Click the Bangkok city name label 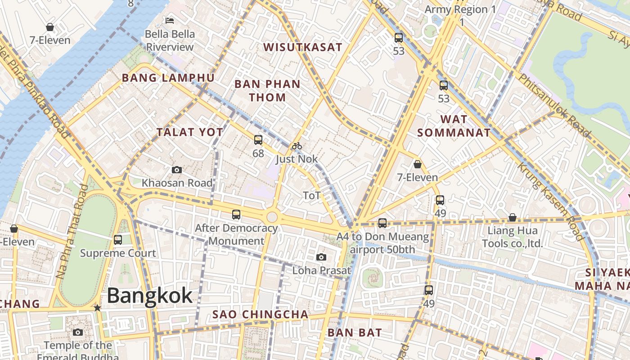[150, 296]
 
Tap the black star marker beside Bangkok [97, 308]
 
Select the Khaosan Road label [177, 183]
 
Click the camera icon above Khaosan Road [177, 170]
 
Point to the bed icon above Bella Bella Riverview [170, 21]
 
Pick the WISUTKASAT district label [303, 47]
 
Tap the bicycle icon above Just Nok [297, 146]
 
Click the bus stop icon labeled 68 [258, 140]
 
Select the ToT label [312, 195]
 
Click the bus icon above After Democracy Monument [236, 215]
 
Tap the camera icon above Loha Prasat [321, 257]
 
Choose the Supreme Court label [118, 253]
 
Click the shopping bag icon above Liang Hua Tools [512, 218]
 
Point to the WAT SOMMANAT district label [454, 126]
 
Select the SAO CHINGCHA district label [261, 314]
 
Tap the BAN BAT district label [355, 333]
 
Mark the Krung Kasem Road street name [550, 202]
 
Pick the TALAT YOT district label [189, 132]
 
